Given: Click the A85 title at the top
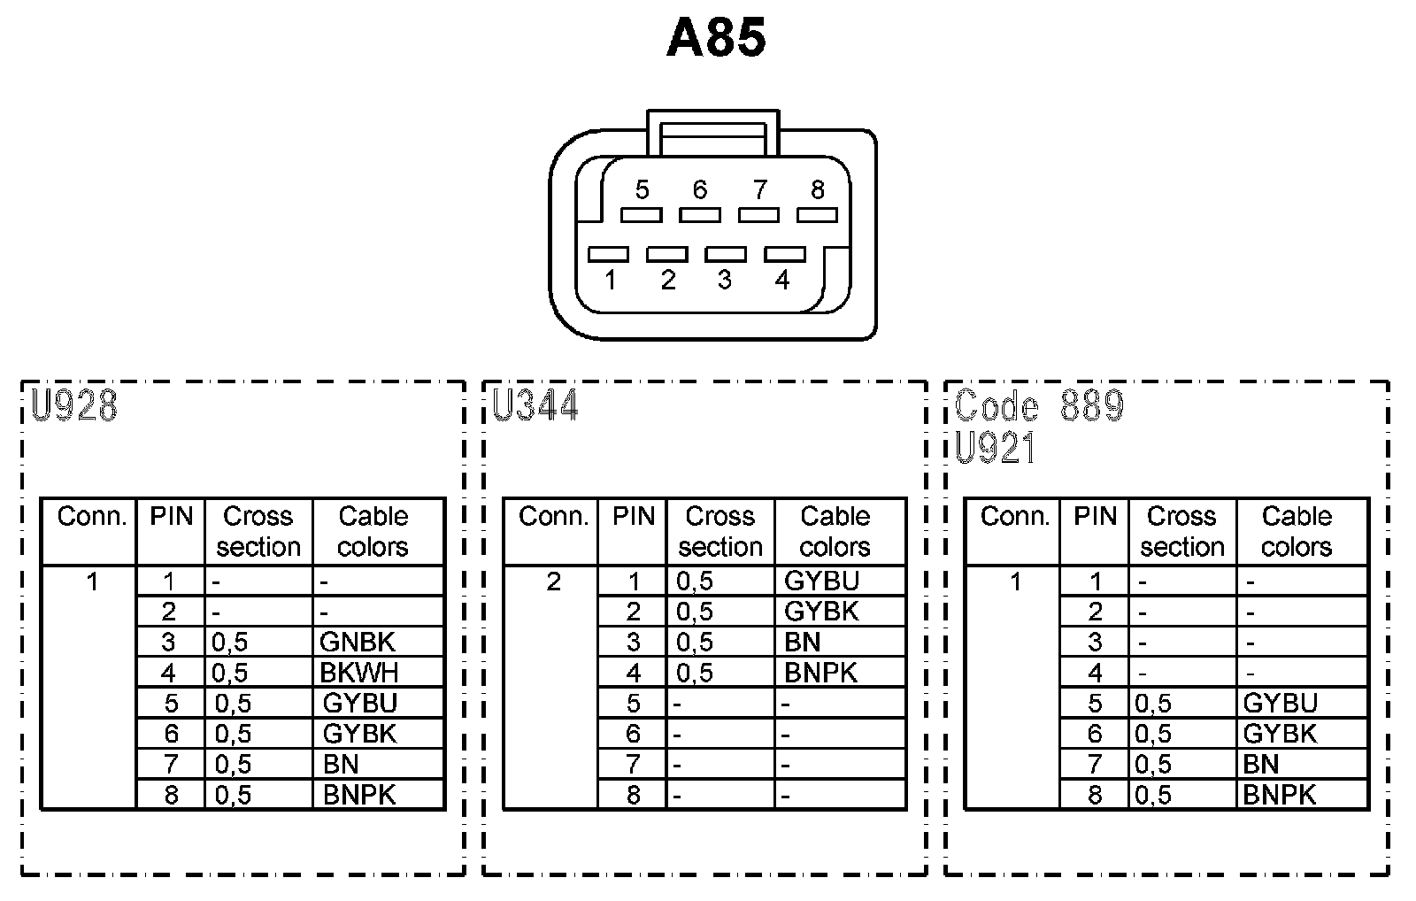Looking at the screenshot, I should [x=716, y=39].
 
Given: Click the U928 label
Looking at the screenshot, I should [x=74, y=406].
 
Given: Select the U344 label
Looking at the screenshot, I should [x=536, y=406].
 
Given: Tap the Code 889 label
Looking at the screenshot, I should [x=1039, y=406].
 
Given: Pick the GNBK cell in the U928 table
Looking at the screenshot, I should [x=358, y=642].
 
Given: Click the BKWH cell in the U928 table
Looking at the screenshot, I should [x=359, y=673].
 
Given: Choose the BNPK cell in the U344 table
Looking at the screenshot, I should [x=821, y=673].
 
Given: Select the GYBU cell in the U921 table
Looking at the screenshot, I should [x=1281, y=704].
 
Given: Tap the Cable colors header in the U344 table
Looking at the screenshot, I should [x=835, y=531].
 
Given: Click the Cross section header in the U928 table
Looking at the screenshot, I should [x=258, y=531].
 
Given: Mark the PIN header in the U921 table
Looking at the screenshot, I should [x=1095, y=516].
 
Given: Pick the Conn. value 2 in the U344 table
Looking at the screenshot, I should [x=553, y=581].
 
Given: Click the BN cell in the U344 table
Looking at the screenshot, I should [x=803, y=642].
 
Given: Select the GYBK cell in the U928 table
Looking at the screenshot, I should [x=360, y=734].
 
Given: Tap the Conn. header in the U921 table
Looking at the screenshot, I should [x=1014, y=516].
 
